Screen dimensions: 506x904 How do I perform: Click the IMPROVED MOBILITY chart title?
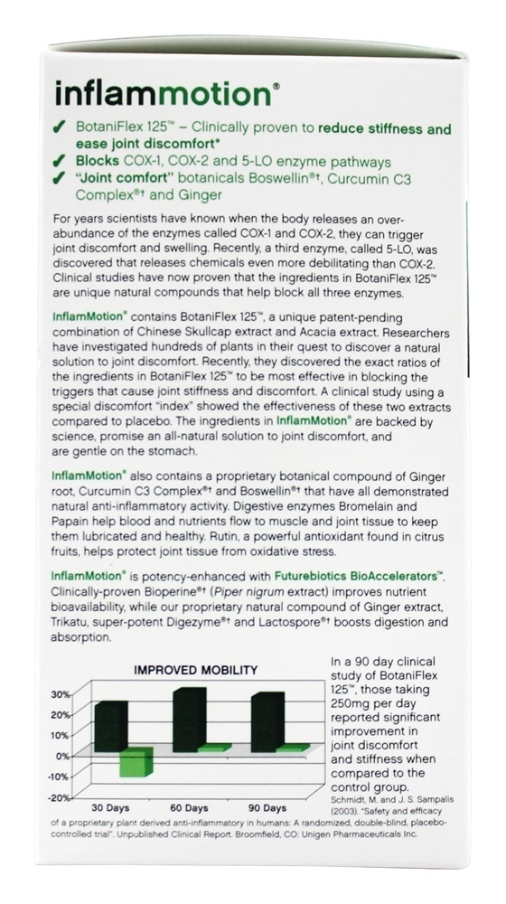(197, 670)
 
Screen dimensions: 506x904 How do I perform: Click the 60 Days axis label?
(189, 806)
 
